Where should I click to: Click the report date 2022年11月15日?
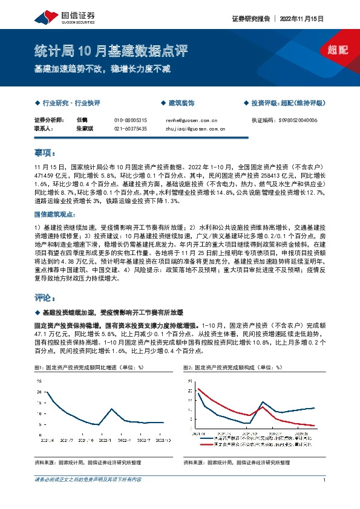click(303, 19)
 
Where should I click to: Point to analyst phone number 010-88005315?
click(130, 120)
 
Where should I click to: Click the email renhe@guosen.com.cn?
click(191, 120)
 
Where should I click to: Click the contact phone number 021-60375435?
click(130, 129)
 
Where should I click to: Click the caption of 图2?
click(232, 367)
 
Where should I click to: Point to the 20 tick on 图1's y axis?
click(39, 392)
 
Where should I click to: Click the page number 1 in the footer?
click(325, 480)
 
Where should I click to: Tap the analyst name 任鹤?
click(82, 120)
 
